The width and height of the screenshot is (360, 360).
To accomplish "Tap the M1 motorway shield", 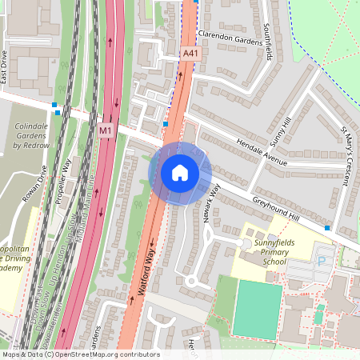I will point(106,130).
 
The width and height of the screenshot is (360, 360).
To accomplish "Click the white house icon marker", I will point(180,173).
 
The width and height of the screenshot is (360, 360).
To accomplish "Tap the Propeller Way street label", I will point(67,181).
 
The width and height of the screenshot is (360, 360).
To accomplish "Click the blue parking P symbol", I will point(322,261).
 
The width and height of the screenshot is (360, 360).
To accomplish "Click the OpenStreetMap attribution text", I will point(80,354).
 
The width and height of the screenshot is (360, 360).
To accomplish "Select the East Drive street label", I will point(4,69).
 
